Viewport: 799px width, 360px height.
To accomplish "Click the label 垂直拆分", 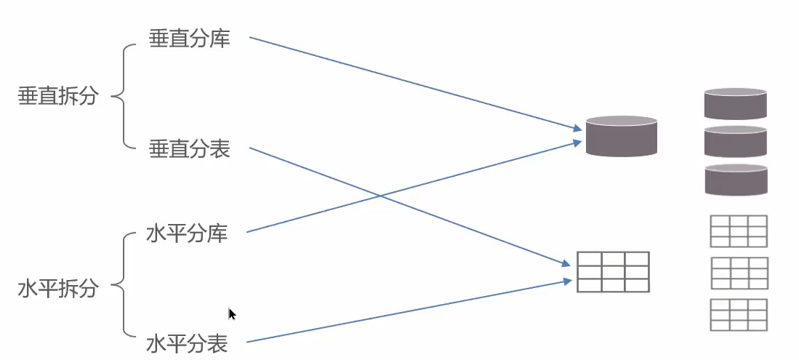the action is (x=57, y=97).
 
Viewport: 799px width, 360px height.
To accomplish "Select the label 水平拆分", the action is (x=57, y=289).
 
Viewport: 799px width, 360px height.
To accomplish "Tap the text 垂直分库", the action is (x=189, y=39).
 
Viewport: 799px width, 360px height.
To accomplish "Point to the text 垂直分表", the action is (x=189, y=149).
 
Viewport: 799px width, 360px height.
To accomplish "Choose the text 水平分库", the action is (x=187, y=233).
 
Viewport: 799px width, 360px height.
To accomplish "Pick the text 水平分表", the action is (x=187, y=342).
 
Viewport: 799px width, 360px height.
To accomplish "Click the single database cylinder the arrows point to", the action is (x=622, y=136).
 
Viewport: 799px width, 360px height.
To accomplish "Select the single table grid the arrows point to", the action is (x=613, y=271).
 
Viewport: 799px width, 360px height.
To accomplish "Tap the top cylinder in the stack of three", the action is (x=736, y=104).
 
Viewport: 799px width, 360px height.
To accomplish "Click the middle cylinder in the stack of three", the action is (x=736, y=142).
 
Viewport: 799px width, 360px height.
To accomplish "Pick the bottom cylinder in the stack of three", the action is (x=736, y=180).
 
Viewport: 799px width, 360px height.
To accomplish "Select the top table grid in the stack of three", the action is (x=739, y=231).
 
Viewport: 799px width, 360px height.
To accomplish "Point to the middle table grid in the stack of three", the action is (x=739, y=273).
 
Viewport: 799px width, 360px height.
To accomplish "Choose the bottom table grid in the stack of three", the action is (x=739, y=315).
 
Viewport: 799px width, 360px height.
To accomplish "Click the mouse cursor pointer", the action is (x=232, y=314).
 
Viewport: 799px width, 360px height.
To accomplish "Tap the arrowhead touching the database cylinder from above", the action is (x=579, y=129).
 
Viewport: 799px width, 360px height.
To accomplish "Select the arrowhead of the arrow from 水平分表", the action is (x=569, y=280).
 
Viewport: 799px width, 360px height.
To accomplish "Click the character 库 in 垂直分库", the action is (x=219, y=39).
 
